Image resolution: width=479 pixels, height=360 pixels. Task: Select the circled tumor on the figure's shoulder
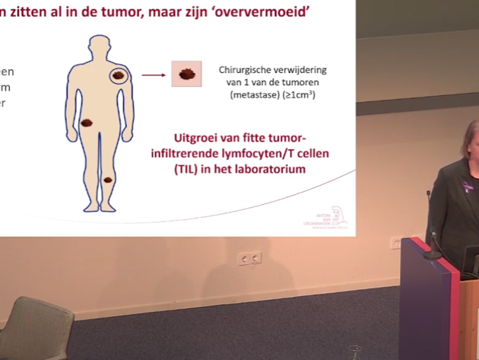(119, 75)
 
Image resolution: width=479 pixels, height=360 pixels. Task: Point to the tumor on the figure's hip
(87, 122)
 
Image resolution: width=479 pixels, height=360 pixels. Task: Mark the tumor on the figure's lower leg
(108, 180)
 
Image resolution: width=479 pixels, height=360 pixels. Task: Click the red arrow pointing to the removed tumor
(154, 75)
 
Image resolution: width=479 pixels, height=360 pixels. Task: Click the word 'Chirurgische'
(249, 68)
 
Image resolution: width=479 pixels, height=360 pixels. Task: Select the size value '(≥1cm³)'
(300, 96)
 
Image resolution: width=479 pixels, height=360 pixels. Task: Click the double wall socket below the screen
(250, 259)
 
